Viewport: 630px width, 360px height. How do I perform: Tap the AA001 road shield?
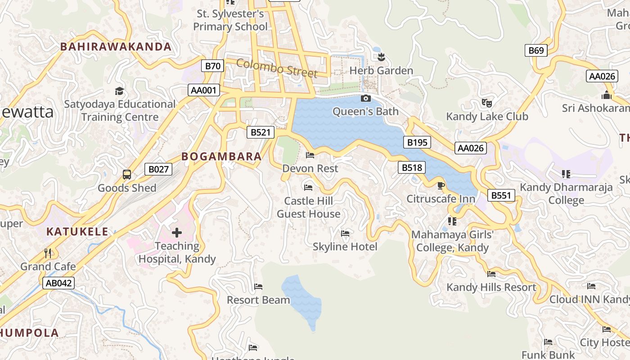coord(203,90)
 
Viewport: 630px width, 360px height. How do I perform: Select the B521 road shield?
coord(261,132)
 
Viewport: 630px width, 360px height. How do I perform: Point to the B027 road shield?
coord(158,169)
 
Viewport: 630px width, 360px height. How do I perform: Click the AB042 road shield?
coord(58,283)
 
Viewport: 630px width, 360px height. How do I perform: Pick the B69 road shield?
coord(536,50)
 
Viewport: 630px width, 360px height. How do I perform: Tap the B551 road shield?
coord(501,195)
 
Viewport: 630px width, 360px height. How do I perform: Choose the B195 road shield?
coord(417,143)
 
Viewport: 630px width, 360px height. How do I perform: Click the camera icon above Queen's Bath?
coord(366,98)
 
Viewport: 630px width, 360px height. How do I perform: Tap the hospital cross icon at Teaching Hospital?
coord(177,233)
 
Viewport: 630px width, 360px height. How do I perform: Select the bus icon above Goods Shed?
coord(127,175)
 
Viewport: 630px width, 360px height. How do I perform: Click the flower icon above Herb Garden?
coord(382,57)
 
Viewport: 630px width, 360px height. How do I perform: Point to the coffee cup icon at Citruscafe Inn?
coord(441,185)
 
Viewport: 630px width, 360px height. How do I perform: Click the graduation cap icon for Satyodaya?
coord(119,91)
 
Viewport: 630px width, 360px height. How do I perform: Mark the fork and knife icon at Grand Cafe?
coord(48,253)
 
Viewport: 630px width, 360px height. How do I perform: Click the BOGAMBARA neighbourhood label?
coord(221,157)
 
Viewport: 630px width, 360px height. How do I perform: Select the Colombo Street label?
coord(277,68)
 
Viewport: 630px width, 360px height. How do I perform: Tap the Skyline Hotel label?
coord(345,247)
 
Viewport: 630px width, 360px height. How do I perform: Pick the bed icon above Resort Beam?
coord(258,286)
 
